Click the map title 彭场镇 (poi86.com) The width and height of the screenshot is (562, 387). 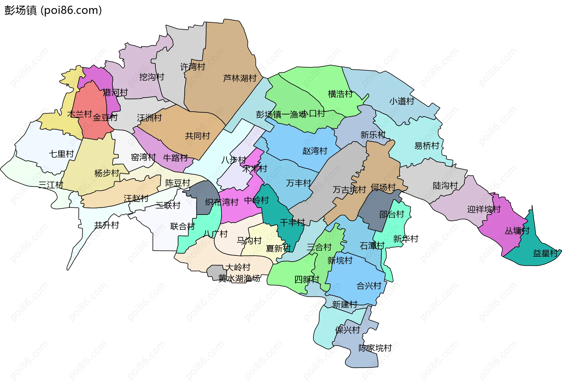53,10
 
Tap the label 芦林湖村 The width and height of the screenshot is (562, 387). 240,78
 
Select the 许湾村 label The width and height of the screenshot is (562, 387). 193,67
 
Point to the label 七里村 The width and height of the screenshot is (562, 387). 61,154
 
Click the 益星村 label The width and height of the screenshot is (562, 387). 545,253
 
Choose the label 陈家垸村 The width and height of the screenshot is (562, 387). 375,348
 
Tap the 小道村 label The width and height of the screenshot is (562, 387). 402,101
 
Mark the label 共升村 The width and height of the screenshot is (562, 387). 107,225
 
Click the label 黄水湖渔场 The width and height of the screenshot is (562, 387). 239,278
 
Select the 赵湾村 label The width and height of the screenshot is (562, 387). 315,151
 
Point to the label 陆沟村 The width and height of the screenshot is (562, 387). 445,185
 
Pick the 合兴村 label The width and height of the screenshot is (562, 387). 369,286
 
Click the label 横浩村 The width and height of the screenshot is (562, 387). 340,94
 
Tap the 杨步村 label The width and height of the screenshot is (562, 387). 107,173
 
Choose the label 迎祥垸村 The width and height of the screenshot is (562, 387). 484,209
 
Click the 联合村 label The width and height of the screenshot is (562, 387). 182,226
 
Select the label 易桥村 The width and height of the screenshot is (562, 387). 427,146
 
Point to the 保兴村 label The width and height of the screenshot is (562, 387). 347,330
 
